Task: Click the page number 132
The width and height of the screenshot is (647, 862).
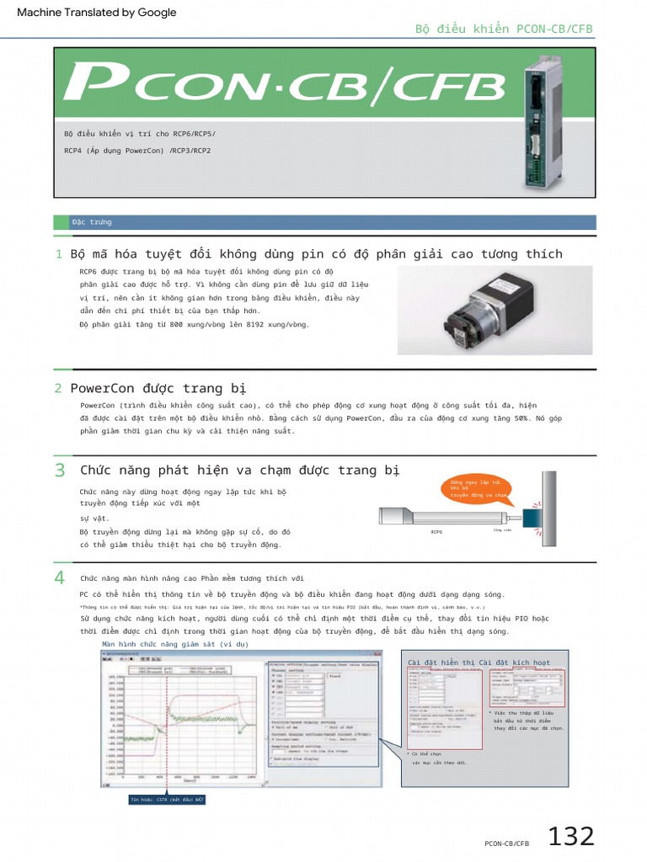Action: (x=571, y=837)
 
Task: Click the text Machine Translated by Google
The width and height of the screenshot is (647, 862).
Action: (x=97, y=13)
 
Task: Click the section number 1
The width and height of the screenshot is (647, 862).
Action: (x=58, y=254)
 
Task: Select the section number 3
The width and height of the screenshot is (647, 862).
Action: (x=59, y=471)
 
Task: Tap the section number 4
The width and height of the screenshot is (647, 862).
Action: (x=59, y=577)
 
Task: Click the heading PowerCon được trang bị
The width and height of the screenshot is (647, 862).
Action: (x=158, y=388)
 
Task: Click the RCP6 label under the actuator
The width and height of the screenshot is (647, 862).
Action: (x=436, y=532)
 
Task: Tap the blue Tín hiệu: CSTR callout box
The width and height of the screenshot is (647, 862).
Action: (x=167, y=799)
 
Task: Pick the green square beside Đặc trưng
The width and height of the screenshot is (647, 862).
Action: (x=61, y=222)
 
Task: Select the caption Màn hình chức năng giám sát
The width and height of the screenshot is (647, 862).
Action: (x=175, y=644)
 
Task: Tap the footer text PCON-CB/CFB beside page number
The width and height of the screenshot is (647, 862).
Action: (x=506, y=843)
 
